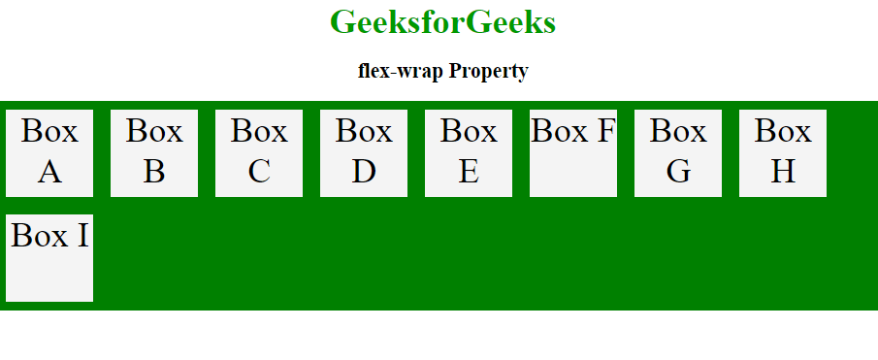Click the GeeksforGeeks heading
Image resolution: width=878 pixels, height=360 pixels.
point(442,22)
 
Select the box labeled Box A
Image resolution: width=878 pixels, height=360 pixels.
point(49,153)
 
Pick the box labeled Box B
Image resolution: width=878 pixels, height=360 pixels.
point(154,153)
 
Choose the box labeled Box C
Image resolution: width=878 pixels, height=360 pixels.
point(259,153)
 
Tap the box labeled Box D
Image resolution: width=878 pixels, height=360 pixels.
point(364,153)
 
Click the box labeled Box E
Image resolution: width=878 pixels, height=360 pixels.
point(469,153)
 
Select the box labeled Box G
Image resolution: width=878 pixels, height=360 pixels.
point(678,153)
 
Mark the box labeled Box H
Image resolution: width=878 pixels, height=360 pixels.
point(783,153)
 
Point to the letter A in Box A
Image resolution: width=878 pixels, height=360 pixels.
point(50,172)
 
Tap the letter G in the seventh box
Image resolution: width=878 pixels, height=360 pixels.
point(679,172)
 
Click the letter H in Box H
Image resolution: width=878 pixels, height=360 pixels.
point(783,172)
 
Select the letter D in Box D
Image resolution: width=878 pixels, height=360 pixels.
point(364,172)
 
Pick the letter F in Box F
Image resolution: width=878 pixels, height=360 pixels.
point(604,130)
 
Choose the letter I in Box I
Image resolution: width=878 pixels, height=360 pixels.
point(82,235)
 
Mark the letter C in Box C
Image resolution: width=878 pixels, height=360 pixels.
point(259,172)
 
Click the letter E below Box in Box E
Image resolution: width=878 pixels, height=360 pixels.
point(469,172)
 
